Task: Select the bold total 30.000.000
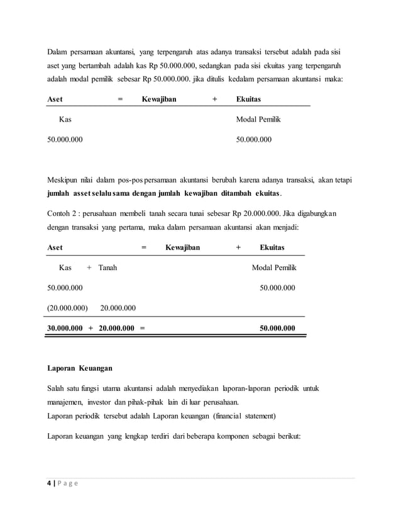point(65,328)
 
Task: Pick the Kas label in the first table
point(65,119)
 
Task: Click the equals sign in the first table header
point(121,99)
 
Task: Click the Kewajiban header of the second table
point(182,247)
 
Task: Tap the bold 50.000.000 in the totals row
point(277,328)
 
